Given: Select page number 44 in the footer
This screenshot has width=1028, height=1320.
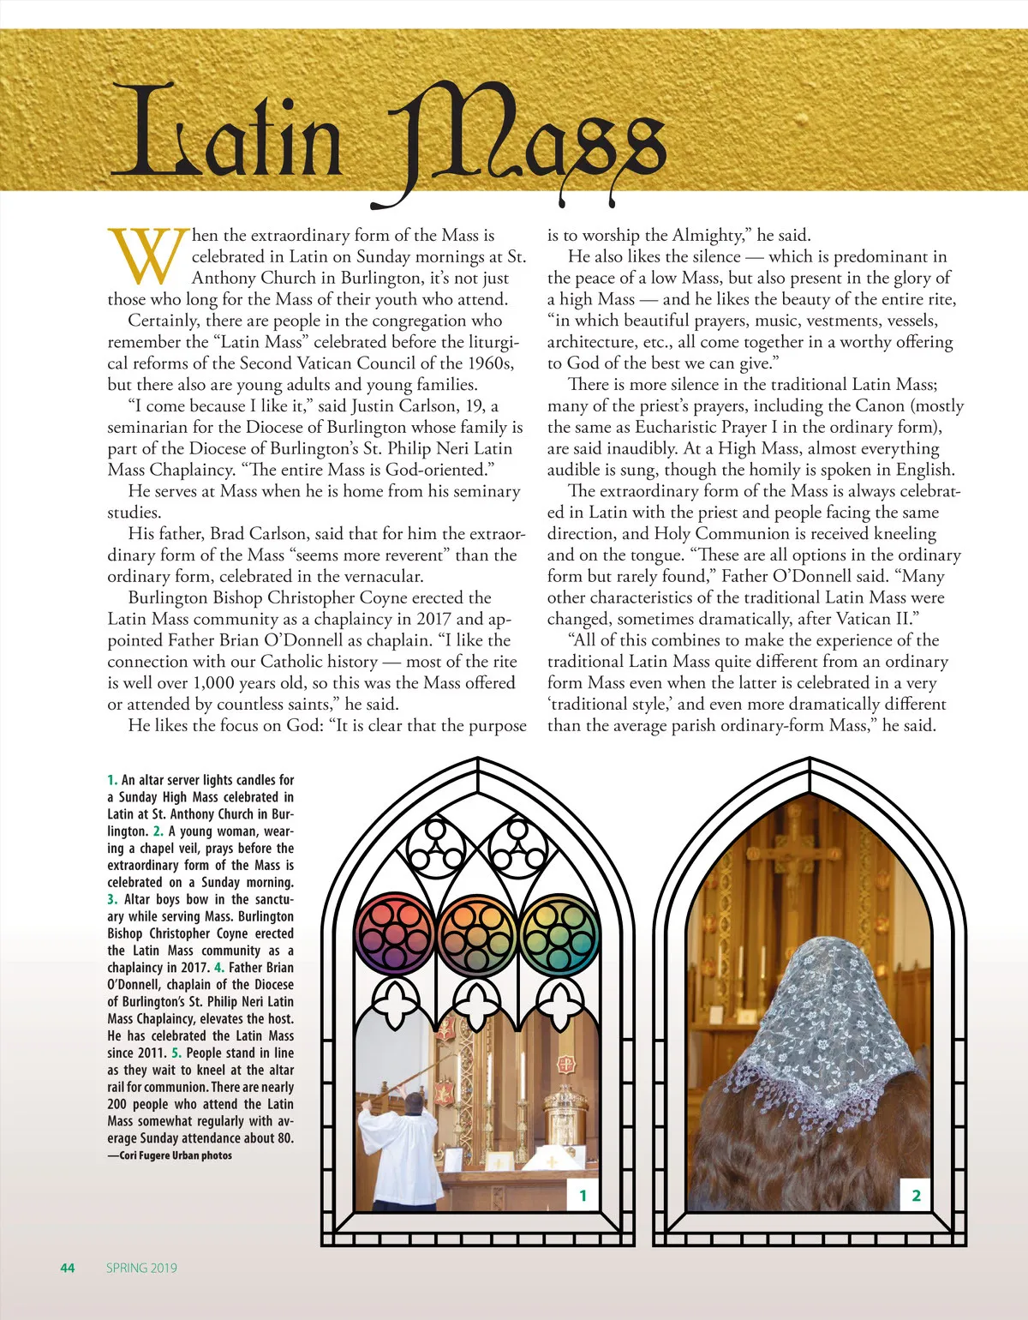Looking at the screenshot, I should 68,1268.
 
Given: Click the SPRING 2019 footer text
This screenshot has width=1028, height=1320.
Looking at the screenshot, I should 141,1268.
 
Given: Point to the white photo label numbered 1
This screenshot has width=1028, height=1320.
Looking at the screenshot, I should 583,1195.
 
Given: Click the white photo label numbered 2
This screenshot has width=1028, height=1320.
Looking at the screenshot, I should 916,1195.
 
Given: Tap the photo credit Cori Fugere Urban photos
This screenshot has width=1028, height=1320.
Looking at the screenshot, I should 170,1155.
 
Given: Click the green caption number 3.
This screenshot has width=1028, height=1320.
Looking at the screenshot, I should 112,899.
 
